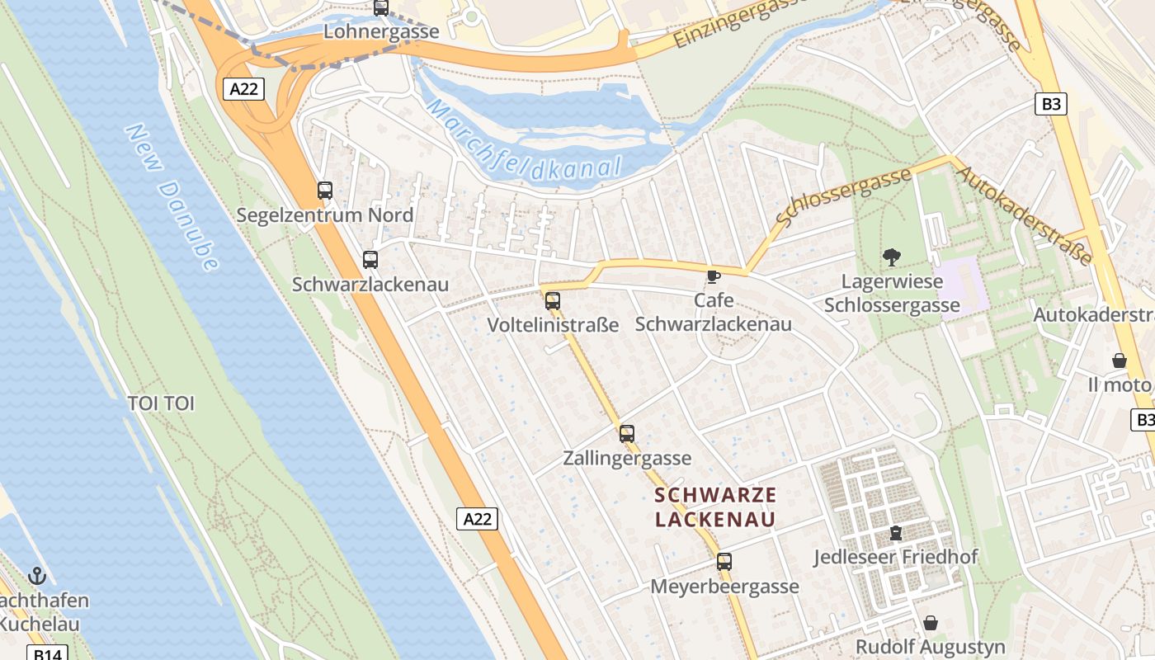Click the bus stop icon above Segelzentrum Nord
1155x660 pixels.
325,191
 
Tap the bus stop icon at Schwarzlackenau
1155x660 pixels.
370,260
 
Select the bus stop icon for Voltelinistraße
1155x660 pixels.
553,301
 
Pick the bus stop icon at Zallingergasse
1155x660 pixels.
627,433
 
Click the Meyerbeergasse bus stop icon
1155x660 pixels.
724,562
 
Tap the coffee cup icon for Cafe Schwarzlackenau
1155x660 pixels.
714,276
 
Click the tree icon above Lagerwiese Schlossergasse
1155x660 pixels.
891,257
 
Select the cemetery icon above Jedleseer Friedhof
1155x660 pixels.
896,533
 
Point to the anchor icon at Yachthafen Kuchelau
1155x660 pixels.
37,575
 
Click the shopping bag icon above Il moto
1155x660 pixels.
1120,361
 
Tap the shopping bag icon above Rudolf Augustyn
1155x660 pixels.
931,622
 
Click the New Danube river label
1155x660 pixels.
173,198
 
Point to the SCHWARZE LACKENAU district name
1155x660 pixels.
715,507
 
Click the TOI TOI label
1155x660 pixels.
161,403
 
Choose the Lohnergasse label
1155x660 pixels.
381,32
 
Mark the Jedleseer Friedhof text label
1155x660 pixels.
896,557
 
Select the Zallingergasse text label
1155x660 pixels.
627,458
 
